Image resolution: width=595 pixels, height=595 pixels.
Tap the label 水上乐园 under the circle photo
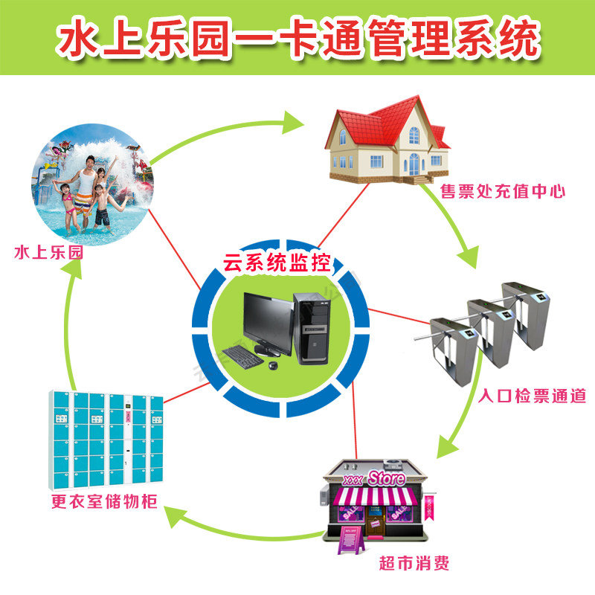(48, 253)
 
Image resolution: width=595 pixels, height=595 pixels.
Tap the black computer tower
(310, 327)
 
